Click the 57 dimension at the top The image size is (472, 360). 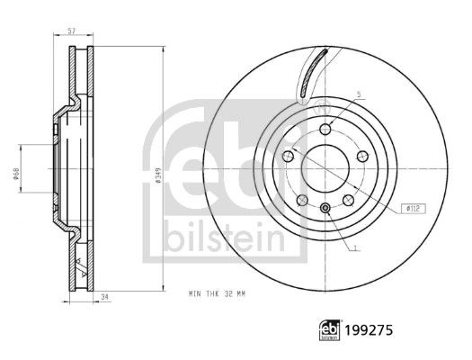coord(71,31)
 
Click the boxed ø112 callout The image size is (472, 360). coord(414,208)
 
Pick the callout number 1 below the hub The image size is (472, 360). coord(356,247)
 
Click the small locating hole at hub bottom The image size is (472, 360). coord(325,210)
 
